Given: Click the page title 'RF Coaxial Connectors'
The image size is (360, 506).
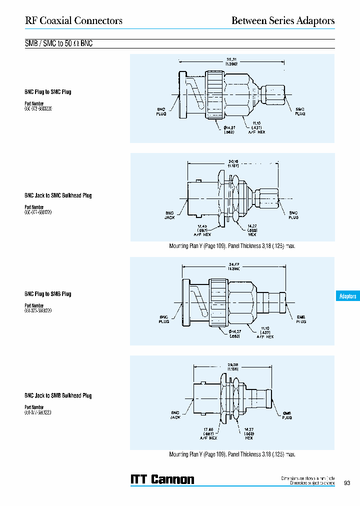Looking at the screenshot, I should coord(73,20).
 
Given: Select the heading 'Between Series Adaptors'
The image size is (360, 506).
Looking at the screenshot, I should coord(282,20).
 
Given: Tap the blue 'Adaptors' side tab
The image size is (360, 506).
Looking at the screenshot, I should coord(347,296).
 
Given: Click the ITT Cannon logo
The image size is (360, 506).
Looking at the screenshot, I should coord(162,479).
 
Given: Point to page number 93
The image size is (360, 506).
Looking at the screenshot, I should coord(347,483).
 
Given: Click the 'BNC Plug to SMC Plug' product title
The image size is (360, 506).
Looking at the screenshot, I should coord(48,92).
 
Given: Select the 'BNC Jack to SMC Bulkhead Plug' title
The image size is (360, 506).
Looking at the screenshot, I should coord(58,195).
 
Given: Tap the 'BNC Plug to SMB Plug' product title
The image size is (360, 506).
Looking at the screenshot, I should coord(48,294).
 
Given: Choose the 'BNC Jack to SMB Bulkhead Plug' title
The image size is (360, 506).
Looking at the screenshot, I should coord(58,395).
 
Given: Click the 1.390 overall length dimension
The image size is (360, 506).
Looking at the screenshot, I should coord(230,64).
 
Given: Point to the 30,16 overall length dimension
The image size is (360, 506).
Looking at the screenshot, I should coord(232,161).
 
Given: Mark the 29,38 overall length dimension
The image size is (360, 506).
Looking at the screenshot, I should coord(233,365).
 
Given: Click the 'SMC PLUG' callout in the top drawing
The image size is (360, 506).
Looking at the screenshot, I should coord(300,111).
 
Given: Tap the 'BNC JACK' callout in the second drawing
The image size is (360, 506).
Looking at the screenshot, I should coord(169,215).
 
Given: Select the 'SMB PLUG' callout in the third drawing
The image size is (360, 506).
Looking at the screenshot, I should coord(301,319).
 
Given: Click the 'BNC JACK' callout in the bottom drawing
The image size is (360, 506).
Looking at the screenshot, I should coord(175,415).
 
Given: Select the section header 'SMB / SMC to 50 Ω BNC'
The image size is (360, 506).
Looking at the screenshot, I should coord(59,43).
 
